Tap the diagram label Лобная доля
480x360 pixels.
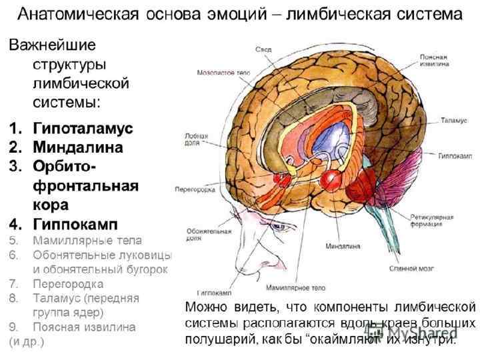tap(193, 138)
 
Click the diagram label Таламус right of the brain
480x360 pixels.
tap(451, 120)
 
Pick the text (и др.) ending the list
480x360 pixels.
tap(25, 341)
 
